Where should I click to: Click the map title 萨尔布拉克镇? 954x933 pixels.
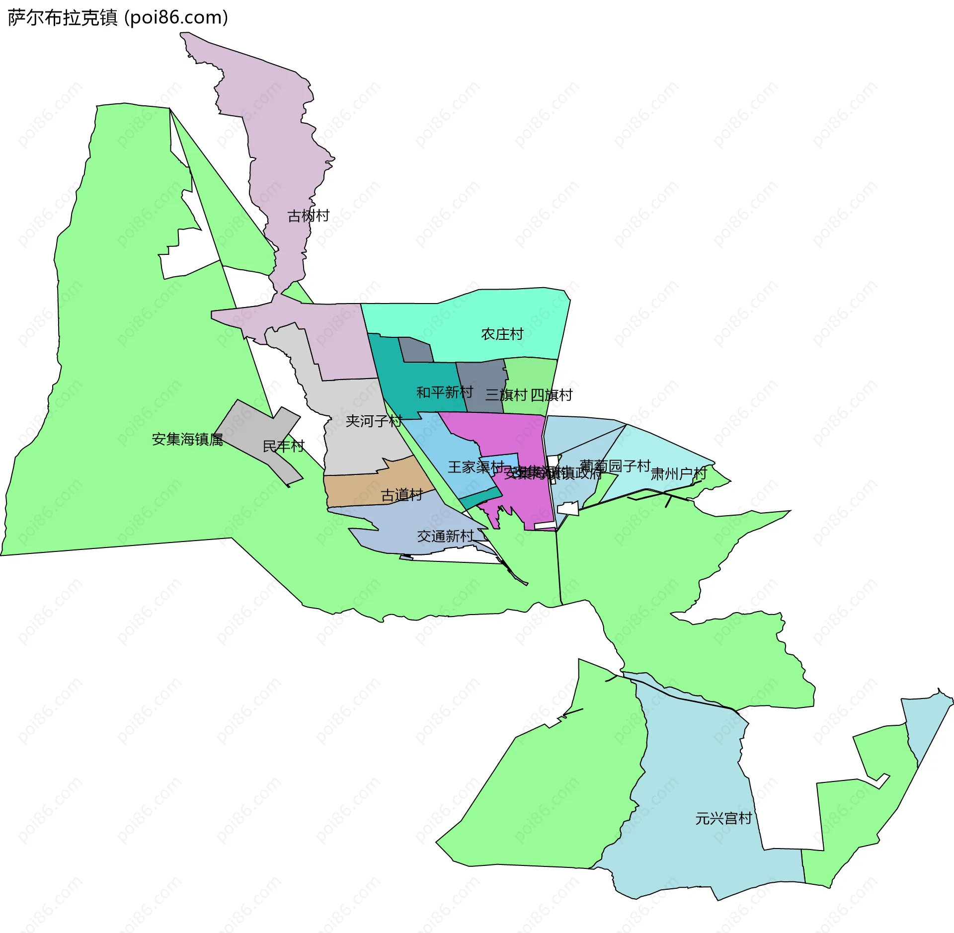[63, 18]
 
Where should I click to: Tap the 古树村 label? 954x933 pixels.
[308, 216]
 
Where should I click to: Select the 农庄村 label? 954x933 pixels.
[502, 334]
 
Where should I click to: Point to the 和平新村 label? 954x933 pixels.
[444, 392]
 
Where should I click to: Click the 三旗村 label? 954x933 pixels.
[506, 395]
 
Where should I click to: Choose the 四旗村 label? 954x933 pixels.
[552, 395]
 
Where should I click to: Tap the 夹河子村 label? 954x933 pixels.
[374, 421]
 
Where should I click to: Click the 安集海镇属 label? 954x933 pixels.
[187, 439]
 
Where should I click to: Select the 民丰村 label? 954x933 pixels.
[283, 446]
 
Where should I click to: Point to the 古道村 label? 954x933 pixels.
[401, 495]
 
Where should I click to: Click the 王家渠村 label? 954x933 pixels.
[476, 467]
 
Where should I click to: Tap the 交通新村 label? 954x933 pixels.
[446, 536]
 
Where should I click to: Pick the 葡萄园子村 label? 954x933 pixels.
[615, 466]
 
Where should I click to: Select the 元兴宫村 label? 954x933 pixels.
[723, 818]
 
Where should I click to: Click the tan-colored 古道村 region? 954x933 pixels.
[358, 489]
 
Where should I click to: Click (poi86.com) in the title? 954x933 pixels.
[176, 18]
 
